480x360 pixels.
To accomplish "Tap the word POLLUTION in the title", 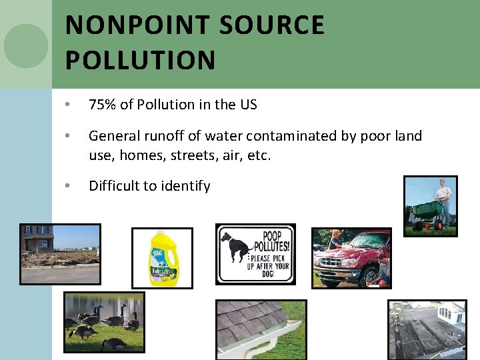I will [x=141, y=59].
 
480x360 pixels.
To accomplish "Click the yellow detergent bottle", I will [x=162, y=258].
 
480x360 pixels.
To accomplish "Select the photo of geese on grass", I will [x=103, y=321].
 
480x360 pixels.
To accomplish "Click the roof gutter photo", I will [x=261, y=329].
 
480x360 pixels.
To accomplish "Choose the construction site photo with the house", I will [x=60, y=253].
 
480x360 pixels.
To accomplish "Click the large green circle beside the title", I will [x=26, y=45].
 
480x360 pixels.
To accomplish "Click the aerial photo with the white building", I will [x=427, y=329].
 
